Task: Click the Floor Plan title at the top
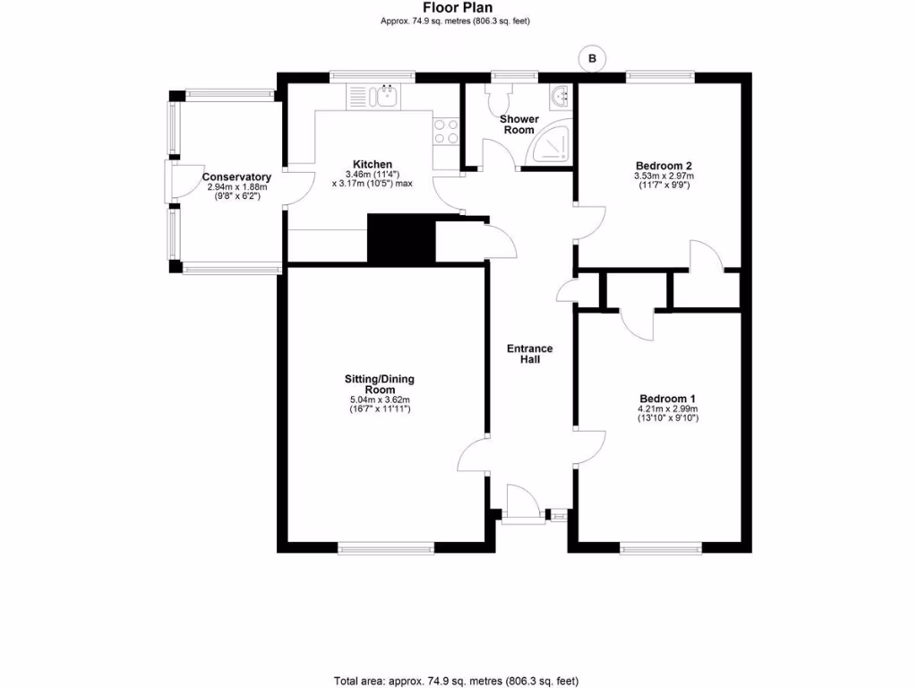click(x=458, y=7)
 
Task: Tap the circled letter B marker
click(x=591, y=59)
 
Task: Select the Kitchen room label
click(x=372, y=164)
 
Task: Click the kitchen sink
click(x=387, y=96)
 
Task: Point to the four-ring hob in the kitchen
click(x=445, y=132)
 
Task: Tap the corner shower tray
click(x=549, y=146)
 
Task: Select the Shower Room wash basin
click(x=561, y=95)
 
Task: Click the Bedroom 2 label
click(x=664, y=166)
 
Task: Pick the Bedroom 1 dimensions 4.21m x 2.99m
click(x=667, y=409)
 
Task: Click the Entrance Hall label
click(x=530, y=354)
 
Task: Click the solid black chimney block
click(x=400, y=238)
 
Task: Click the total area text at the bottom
click(x=462, y=680)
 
